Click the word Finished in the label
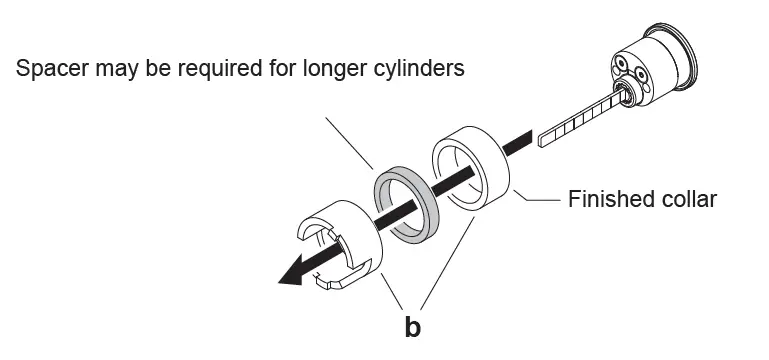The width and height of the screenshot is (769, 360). point(609,199)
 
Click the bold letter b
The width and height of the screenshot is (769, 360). point(412,328)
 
